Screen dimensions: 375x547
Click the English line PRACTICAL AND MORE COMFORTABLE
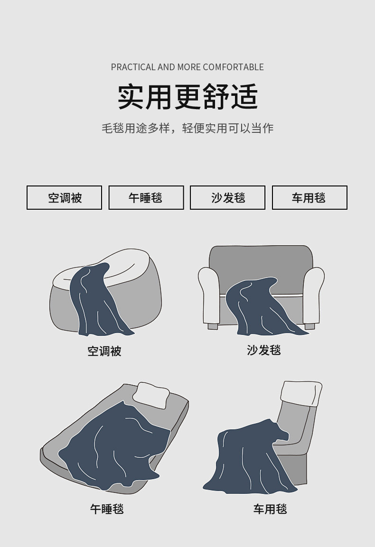point(187,67)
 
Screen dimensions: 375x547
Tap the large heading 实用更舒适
point(188,97)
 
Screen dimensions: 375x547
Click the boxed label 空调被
point(64,198)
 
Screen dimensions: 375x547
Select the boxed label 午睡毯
point(146,198)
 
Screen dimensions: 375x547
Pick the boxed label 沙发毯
point(228,198)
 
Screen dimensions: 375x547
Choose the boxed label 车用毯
point(309,198)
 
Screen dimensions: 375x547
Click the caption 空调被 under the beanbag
point(104,351)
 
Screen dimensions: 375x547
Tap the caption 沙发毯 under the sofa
point(264,350)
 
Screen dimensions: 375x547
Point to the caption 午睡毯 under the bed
point(107,509)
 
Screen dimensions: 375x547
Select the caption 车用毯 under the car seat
point(270,509)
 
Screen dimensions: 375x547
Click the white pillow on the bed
point(151,395)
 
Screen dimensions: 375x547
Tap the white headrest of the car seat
point(301,393)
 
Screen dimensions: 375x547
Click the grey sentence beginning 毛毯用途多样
point(187,129)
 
